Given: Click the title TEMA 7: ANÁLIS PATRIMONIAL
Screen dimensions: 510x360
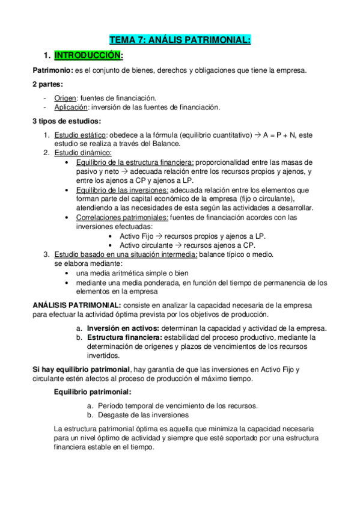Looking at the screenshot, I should pyautogui.click(x=180, y=40).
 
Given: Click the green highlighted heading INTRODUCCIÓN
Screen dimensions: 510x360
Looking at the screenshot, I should pyautogui.click(x=88, y=56).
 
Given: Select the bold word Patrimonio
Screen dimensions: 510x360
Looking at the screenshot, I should pyautogui.click(x=52, y=70).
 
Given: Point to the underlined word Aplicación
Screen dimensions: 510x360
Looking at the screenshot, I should pyautogui.click(x=71, y=107).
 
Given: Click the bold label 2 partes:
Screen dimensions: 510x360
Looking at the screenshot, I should pyautogui.click(x=48, y=84).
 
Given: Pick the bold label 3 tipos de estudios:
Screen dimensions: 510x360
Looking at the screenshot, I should pyautogui.click(x=67, y=121).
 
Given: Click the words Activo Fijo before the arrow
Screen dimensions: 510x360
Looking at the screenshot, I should pyautogui.click(x=136, y=236).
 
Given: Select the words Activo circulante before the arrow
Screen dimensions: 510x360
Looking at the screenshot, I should pyautogui.click(x=147, y=245).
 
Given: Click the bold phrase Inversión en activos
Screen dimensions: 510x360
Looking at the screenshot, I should pyautogui.click(x=123, y=328).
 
